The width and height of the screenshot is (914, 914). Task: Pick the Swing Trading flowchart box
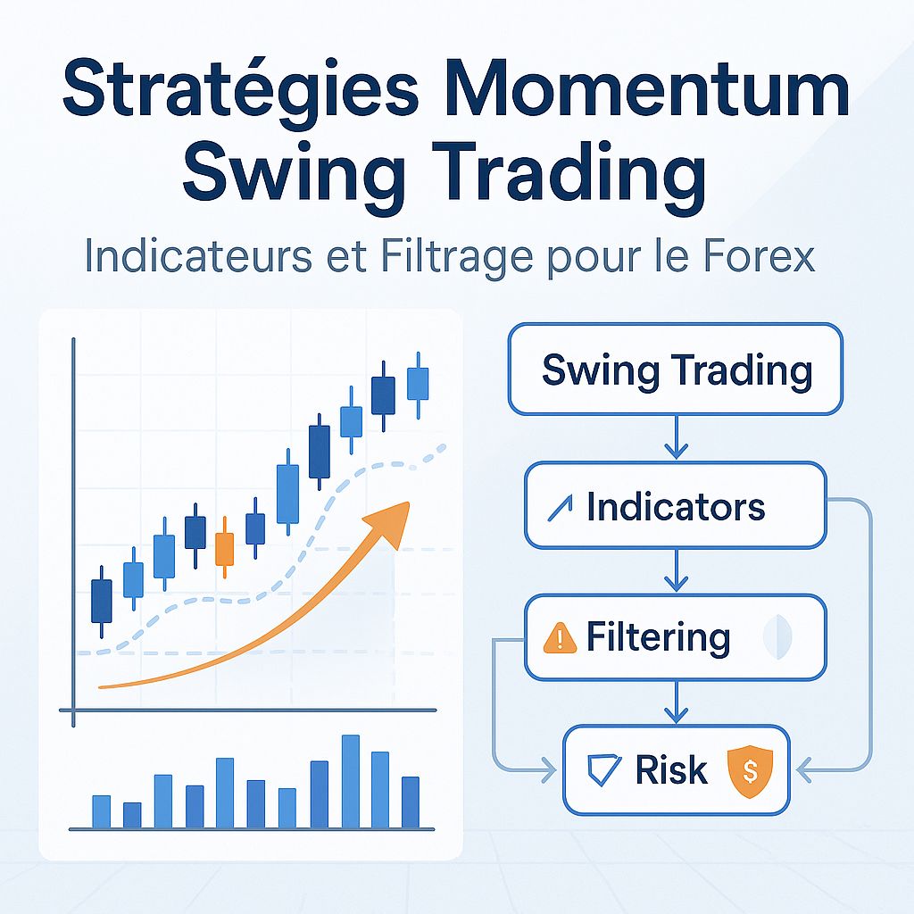pos(676,370)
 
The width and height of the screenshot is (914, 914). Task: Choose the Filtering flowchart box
pos(675,637)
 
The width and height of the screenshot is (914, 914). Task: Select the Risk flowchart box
pos(676,770)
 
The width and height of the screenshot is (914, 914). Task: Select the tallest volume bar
pos(351,781)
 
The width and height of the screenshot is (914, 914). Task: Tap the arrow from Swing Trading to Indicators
pos(676,438)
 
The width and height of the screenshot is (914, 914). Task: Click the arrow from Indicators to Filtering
pos(676,571)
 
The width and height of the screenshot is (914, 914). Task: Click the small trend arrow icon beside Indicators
pos(561,508)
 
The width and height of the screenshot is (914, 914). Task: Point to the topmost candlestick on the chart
pos(417,383)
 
